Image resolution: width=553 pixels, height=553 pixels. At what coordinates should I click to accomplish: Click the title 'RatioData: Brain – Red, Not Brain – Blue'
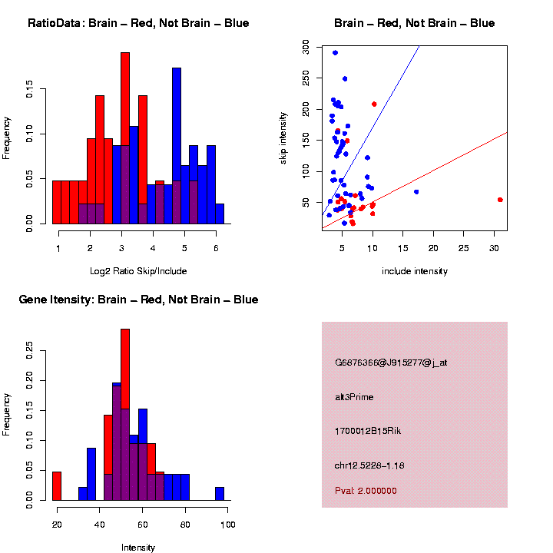[138, 23]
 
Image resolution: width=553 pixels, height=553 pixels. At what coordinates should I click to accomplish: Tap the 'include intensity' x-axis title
[414, 271]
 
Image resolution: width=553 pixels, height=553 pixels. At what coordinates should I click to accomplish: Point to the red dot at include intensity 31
[500, 200]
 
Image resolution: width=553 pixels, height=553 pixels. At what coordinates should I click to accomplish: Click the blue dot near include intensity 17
[416, 192]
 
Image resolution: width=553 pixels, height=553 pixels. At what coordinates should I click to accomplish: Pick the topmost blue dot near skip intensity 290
[335, 53]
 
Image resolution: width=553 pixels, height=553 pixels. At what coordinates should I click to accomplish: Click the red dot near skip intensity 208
[374, 104]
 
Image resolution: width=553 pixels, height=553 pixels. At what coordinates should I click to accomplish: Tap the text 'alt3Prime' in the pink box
[354, 397]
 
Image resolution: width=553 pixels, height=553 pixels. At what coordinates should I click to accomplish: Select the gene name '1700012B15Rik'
[368, 431]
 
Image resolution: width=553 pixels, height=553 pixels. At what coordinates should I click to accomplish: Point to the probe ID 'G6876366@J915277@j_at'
[391, 363]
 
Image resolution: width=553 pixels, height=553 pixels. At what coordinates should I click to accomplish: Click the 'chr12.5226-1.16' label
[369, 465]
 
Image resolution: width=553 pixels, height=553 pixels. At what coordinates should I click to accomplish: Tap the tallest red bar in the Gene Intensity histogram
[125, 415]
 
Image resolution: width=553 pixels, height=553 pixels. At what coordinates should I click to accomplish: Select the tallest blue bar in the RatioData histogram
[177, 146]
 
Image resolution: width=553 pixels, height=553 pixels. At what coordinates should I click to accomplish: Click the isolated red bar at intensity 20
[57, 485]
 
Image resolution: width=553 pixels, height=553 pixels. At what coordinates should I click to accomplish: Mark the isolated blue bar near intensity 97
[220, 493]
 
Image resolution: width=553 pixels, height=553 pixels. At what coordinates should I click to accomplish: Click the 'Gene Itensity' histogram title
[138, 300]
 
